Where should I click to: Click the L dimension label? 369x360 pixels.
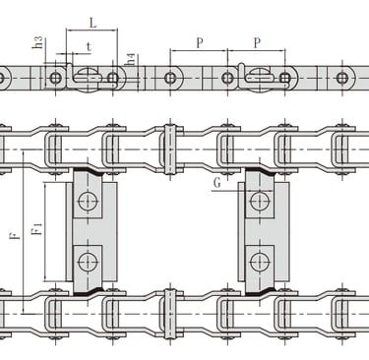click(x=93, y=23)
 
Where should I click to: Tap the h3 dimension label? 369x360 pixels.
click(x=38, y=42)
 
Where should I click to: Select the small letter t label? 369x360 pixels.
click(x=89, y=47)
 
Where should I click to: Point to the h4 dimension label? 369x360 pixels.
click(x=131, y=59)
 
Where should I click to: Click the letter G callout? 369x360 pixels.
click(x=217, y=183)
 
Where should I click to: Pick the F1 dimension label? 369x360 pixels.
click(x=37, y=228)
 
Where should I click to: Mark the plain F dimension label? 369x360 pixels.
click(x=15, y=235)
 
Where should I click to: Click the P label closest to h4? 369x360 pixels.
click(x=200, y=43)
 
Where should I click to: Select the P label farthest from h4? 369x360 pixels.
click(x=258, y=43)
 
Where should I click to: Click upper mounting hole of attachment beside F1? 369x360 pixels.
click(x=88, y=201)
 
